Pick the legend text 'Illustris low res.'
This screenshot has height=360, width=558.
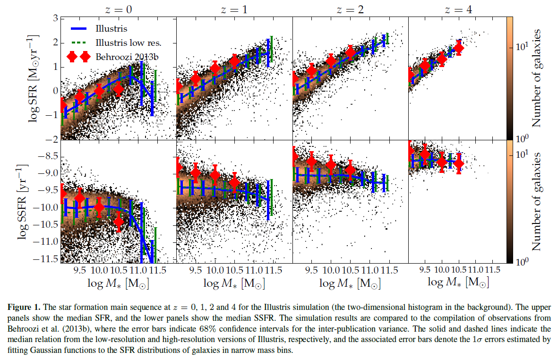pos(129,43)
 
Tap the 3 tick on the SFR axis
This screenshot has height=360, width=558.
pos(55,18)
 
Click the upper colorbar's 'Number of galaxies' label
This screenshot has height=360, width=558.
pos(536,78)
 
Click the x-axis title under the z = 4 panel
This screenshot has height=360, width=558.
pos(458,283)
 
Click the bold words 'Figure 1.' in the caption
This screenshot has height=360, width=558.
pos(23,307)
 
